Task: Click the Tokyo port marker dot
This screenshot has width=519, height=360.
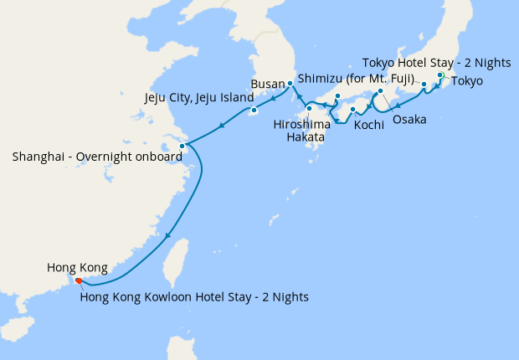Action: coord(441,75)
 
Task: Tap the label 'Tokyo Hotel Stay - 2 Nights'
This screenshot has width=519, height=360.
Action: coord(435,62)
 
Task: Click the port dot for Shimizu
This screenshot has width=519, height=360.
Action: coord(424,85)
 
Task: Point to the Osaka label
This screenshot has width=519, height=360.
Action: coord(409,120)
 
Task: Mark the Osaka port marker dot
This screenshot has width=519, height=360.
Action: coord(380,91)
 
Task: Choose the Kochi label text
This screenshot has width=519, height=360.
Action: coord(369,125)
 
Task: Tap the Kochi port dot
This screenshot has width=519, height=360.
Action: coord(353,110)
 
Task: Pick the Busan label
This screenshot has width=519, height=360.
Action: coord(268,85)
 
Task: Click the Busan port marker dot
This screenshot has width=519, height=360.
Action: coord(290,84)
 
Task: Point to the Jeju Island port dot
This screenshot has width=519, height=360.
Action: coord(254,110)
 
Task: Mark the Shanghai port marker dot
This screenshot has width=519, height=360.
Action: coord(182,146)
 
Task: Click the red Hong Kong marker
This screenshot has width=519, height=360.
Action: coord(79,280)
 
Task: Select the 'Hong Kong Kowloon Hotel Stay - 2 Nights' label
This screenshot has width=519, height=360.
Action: coord(194,296)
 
